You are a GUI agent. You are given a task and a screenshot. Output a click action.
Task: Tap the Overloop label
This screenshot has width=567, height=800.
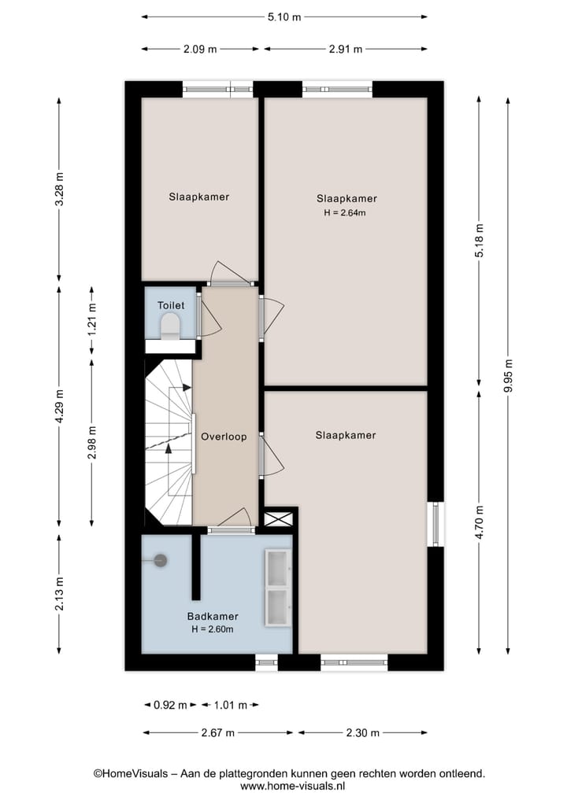[224, 437]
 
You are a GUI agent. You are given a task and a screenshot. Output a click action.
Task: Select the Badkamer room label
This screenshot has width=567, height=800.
[213, 617]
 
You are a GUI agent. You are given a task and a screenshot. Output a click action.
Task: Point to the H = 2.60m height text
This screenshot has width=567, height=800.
[213, 629]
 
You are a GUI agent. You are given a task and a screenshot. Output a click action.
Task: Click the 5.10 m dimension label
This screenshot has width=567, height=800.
[285, 16]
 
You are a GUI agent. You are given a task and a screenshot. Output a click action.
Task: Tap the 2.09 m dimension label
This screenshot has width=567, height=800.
[200, 49]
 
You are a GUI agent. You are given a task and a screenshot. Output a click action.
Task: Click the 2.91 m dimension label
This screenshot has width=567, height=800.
[345, 49]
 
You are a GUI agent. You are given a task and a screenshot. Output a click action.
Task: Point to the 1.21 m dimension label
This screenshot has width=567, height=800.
[92, 321]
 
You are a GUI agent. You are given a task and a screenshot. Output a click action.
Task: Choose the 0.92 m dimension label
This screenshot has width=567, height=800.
[170, 705]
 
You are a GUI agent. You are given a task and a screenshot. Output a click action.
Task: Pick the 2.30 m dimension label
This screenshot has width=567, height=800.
[363, 732]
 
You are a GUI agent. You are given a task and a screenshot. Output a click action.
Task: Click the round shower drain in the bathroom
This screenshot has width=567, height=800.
[161, 560]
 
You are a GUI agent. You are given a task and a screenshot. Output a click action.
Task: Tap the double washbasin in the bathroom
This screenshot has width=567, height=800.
[278, 588]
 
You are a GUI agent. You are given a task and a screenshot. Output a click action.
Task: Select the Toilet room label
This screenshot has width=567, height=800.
[171, 305]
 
